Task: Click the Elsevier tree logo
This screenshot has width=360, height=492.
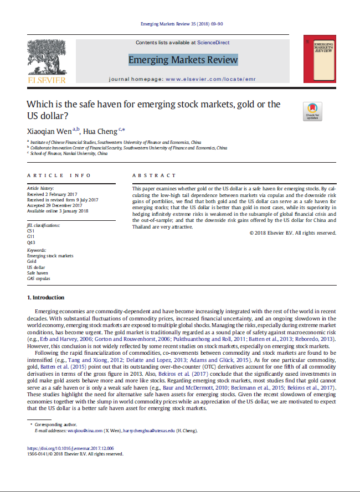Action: click(x=47, y=61)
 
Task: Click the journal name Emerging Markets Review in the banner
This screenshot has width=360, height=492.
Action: click(x=183, y=60)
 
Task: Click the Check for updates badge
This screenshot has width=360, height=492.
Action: click(x=312, y=111)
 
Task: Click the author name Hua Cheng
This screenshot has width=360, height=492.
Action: click(x=101, y=131)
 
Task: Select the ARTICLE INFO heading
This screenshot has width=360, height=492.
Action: click(x=59, y=175)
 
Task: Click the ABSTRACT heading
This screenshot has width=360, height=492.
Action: click(x=154, y=175)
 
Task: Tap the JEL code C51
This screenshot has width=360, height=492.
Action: click(x=30, y=231)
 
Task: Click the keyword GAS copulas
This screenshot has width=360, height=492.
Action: click(x=39, y=278)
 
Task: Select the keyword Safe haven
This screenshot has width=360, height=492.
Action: click(x=38, y=273)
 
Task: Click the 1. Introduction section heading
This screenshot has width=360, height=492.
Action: click(x=46, y=298)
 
